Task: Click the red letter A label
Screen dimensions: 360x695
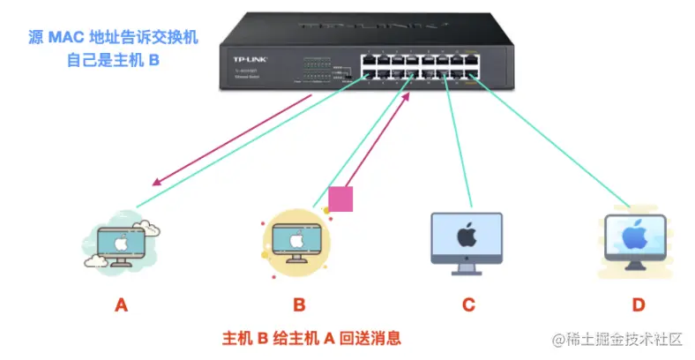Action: click(122, 305)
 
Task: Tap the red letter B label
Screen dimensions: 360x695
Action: click(299, 305)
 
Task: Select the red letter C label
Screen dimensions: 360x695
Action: click(468, 305)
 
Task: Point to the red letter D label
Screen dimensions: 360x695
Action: click(638, 305)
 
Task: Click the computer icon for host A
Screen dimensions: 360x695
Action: click(123, 241)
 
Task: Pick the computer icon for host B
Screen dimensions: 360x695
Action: click(298, 240)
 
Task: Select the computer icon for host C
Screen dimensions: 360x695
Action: click(467, 239)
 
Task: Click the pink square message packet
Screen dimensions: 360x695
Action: click(340, 199)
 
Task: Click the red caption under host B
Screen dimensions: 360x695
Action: click(311, 337)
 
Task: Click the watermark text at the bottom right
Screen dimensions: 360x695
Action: click(617, 340)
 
